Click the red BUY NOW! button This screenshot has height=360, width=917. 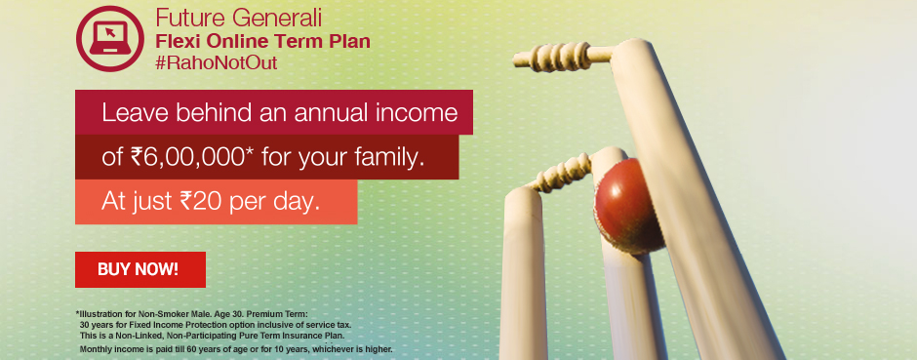pyautogui.click(x=140, y=269)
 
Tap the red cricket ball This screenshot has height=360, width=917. pyautogui.click(x=630, y=194)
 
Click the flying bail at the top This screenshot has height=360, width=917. pyautogui.click(x=565, y=51)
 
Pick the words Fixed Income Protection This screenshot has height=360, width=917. pyautogui.click(x=179, y=324)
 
